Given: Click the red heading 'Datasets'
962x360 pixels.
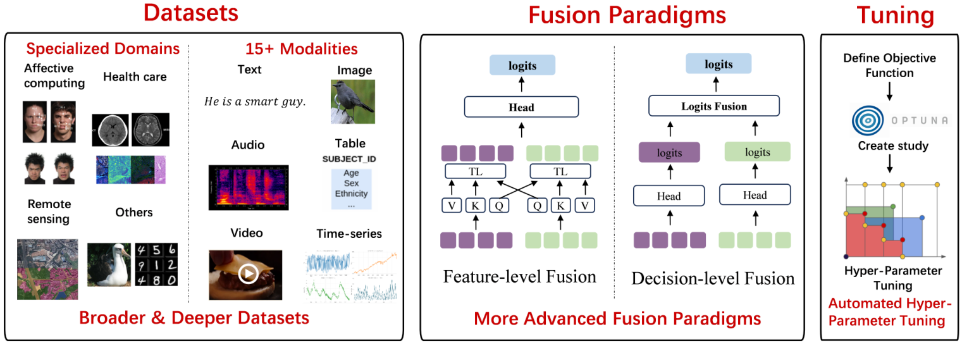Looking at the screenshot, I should tap(190, 13).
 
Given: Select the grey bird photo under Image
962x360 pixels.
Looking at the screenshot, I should tap(353, 101).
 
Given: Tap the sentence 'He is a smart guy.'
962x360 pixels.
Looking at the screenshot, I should tap(255, 101).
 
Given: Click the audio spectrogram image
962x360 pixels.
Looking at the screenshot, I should tap(248, 187).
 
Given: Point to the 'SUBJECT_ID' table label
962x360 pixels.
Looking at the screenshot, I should tap(350, 158).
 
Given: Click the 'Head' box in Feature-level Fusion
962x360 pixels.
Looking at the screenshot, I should tap(521, 107).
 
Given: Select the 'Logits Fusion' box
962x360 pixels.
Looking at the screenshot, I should tap(713, 106).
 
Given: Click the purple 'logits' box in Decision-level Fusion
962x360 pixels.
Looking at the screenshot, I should tap(669, 152).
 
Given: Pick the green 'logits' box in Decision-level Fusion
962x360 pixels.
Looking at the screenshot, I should tap(757, 152).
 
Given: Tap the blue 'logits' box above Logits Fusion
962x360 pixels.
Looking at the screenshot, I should tap(718, 65).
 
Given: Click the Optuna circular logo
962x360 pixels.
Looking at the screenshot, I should tap(870, 120).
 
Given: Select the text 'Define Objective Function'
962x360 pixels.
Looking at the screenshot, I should tap(889, 66).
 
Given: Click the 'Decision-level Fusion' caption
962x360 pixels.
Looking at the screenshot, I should tap(713, 278).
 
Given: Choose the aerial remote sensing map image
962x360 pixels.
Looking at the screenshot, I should tap(48, 268).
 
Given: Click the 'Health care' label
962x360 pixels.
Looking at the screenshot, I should tap(135, 77).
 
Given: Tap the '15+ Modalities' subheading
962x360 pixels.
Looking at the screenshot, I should tap(301, 49).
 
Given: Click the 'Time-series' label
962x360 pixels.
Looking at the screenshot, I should tap(349, 233).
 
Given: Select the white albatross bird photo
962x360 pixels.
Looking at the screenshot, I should tap(109, 264).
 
